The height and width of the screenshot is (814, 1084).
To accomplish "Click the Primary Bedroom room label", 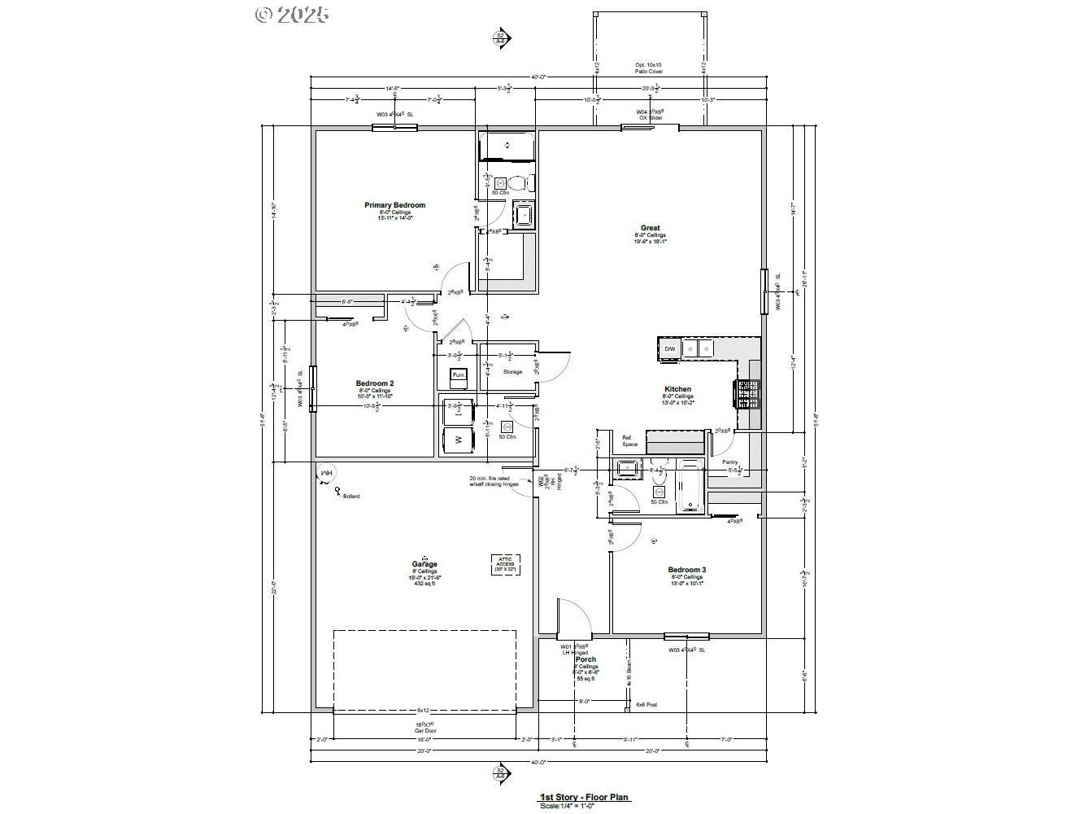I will (x=394, y=205).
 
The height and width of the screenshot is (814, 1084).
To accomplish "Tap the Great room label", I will (x=650, y=228).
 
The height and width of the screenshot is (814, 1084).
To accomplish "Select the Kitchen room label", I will (x=677, y=389).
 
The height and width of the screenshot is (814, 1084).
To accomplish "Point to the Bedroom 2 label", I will (x=374, y=383).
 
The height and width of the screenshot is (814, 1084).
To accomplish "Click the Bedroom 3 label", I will (x=686, y=570).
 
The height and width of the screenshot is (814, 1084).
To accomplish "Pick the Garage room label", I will (x=424, y=564).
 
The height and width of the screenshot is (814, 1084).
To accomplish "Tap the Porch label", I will (x=586, y=659).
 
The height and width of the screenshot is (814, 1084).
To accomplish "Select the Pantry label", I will (x=730, y=462).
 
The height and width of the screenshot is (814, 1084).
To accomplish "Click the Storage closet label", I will (x=512, y=372).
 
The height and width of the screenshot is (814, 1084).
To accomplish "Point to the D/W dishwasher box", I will (x=670, y=349).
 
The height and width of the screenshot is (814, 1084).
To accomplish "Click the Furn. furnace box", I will (x=459, y=375).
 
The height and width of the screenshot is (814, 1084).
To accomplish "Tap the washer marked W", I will (x=458, y=440).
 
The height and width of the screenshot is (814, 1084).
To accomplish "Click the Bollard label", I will (x=350, y=496).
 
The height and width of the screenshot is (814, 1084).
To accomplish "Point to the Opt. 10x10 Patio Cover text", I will (x=649, y=68).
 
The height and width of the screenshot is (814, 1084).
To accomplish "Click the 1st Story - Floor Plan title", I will (x=585, y=798).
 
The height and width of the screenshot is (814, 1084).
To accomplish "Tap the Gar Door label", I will (x=424, y=730).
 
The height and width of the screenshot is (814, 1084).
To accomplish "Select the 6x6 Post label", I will (x=646, y=704).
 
